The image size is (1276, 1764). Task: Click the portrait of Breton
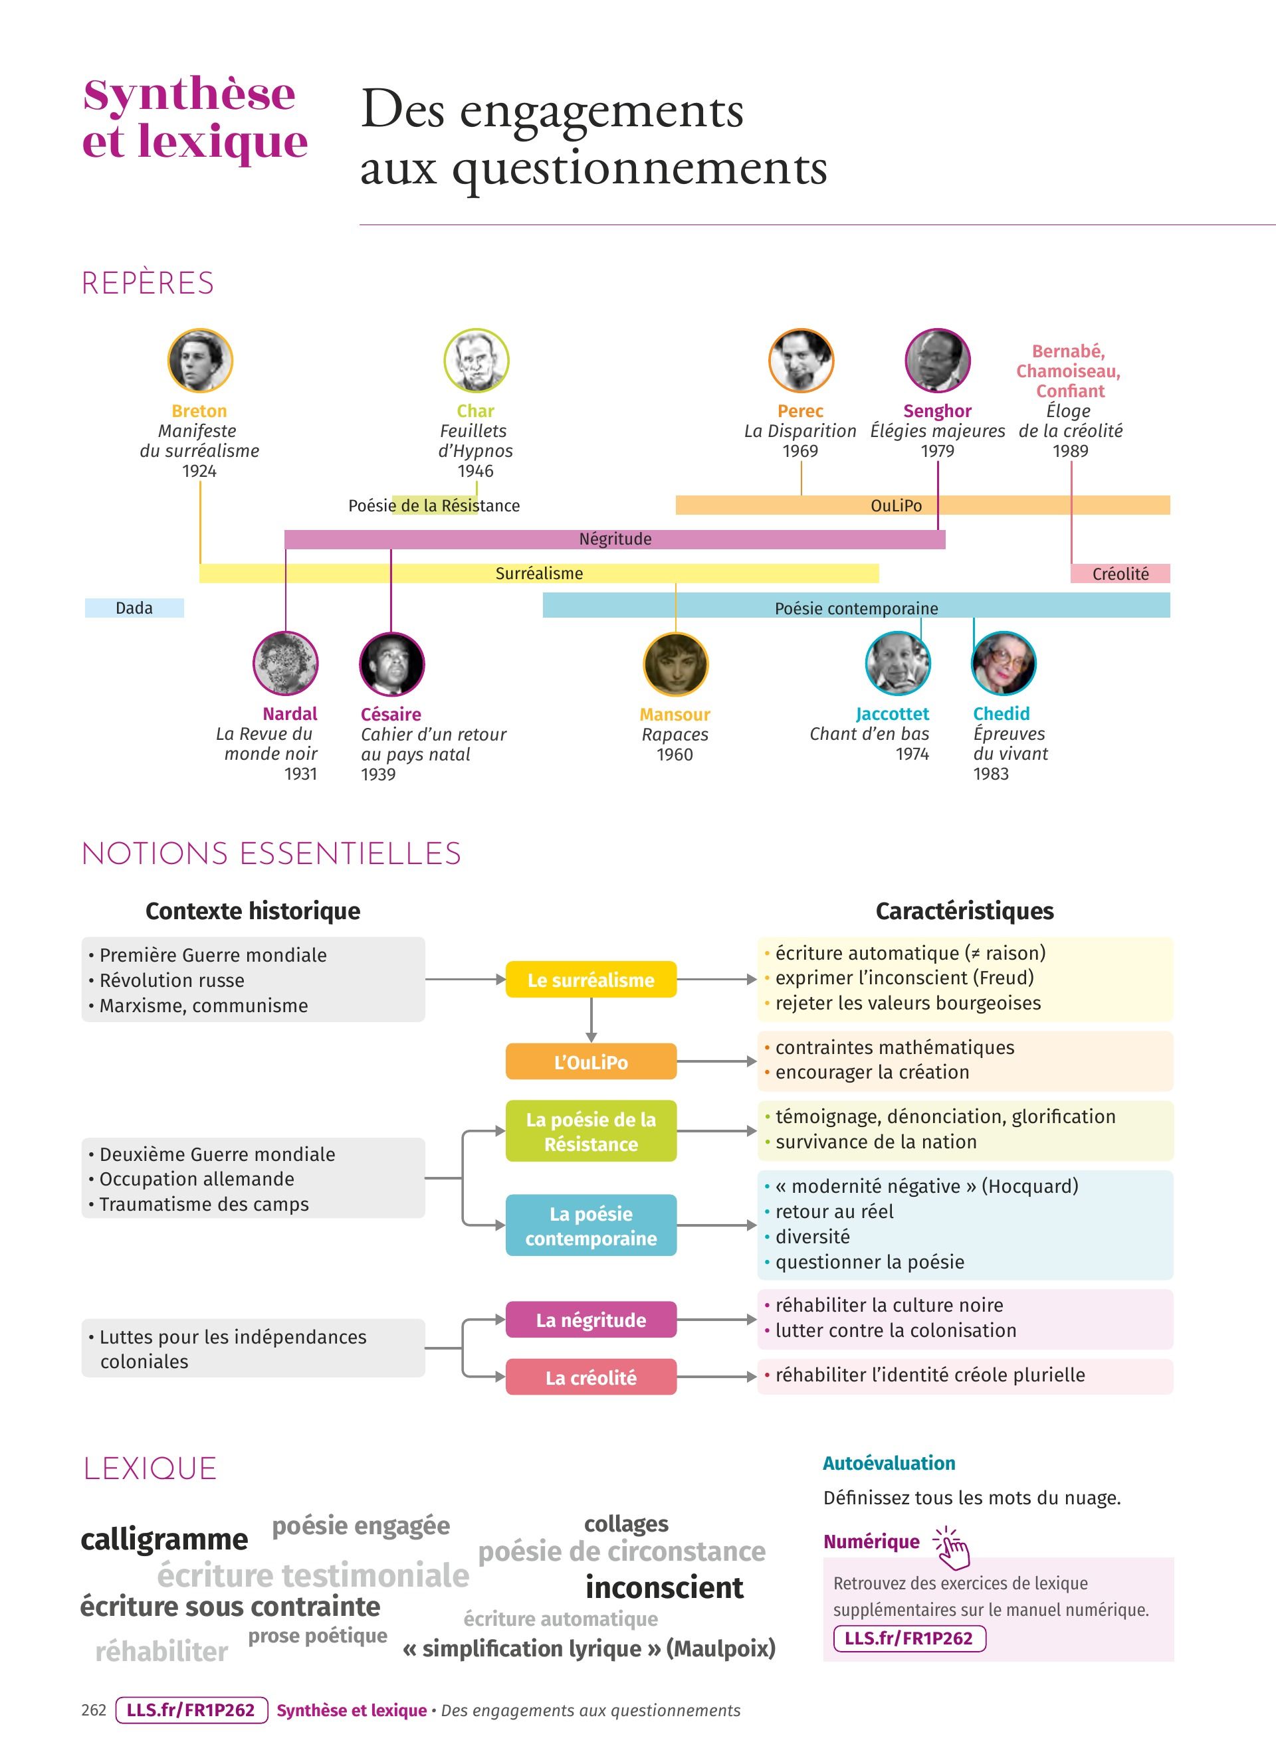(x=200, y=360)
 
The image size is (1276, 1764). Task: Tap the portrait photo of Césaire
(x=391, y=664)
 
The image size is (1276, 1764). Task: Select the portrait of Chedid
(x=1003, y=663)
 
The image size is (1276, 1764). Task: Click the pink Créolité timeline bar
(x=1120, y=573)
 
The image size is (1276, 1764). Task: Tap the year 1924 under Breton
(x=199, y=471)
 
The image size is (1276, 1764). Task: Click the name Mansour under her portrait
(x=675, y=714)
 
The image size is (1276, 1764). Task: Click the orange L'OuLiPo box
(x=591, y=1062)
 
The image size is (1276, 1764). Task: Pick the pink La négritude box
(x=591, y=1320)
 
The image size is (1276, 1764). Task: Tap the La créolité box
(x=591, y=1377)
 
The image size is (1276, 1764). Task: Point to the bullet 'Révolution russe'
(x=171, y=980)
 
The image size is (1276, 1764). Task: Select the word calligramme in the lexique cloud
(x=164, y=1538)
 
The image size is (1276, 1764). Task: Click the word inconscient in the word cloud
(x=665, y=1587)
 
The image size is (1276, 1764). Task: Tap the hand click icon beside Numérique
(x=951, y=1547)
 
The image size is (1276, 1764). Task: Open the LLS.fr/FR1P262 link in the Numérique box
(x=908, y=1637)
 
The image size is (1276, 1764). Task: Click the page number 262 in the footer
(x=93, y=1710)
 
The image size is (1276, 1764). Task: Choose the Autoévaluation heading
(x=889, y=1463)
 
